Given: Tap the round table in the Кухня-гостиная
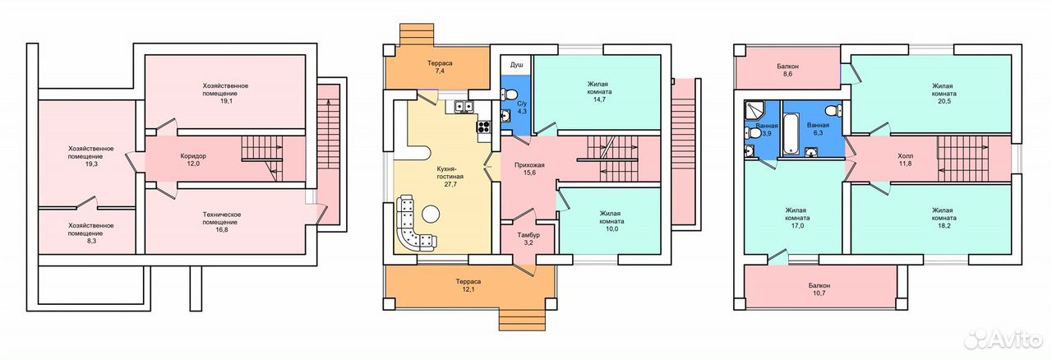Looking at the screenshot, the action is (431, 215).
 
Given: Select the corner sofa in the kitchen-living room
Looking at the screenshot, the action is (413, 225).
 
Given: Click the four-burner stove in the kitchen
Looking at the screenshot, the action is (484, 126).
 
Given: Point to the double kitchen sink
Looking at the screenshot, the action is (463, 107).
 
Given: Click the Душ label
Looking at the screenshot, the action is (517, 65).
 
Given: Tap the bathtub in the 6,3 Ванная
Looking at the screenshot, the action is (791, 133).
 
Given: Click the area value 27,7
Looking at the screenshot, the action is (450, 184).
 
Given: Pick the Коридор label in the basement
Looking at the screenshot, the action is (193, 155).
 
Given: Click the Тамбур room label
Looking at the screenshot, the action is (528, 235).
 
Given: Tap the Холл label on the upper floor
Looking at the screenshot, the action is (906, 155).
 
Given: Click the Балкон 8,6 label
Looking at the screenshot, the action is (787, 70).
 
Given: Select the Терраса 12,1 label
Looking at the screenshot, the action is (468, 285).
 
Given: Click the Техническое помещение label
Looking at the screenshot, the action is (222, 218).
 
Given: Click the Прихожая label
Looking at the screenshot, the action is (529, 165).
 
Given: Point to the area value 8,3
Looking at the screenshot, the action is (91, 241).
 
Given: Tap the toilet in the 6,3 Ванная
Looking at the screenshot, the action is (833, 111).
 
